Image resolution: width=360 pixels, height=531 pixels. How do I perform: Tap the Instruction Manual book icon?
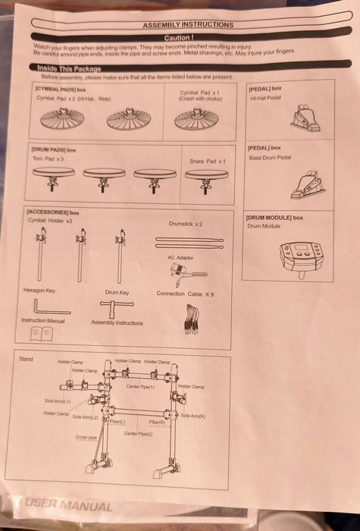tap(42, 333)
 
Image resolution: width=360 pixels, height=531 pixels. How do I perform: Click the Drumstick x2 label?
tap(185, 225)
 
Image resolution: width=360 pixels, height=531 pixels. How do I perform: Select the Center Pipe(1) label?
tap(140, 387)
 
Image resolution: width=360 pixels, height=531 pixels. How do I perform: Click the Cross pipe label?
tap(86, 438)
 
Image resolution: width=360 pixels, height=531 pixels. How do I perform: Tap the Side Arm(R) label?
tap(193, 416)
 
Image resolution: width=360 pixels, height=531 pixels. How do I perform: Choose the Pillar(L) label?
tap(117, 422)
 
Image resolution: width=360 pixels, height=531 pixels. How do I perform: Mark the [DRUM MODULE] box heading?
tap(274, 218)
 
